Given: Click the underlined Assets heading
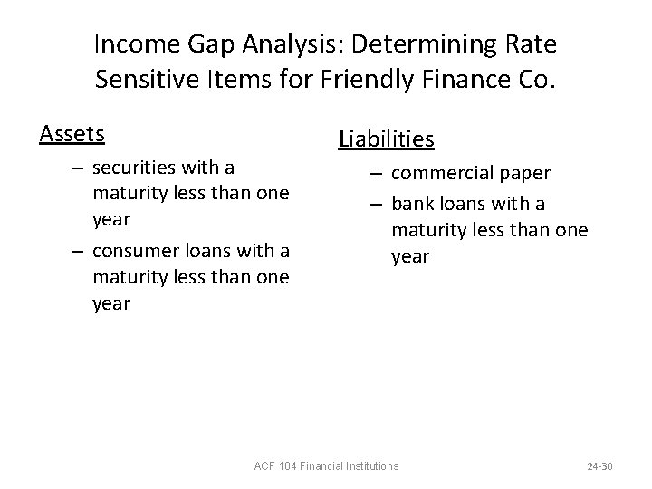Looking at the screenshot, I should coord(72,134).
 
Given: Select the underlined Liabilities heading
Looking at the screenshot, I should coord(387,139).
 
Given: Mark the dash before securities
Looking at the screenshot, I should coord(78,167).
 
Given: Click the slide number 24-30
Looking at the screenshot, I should coord(599,465).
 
